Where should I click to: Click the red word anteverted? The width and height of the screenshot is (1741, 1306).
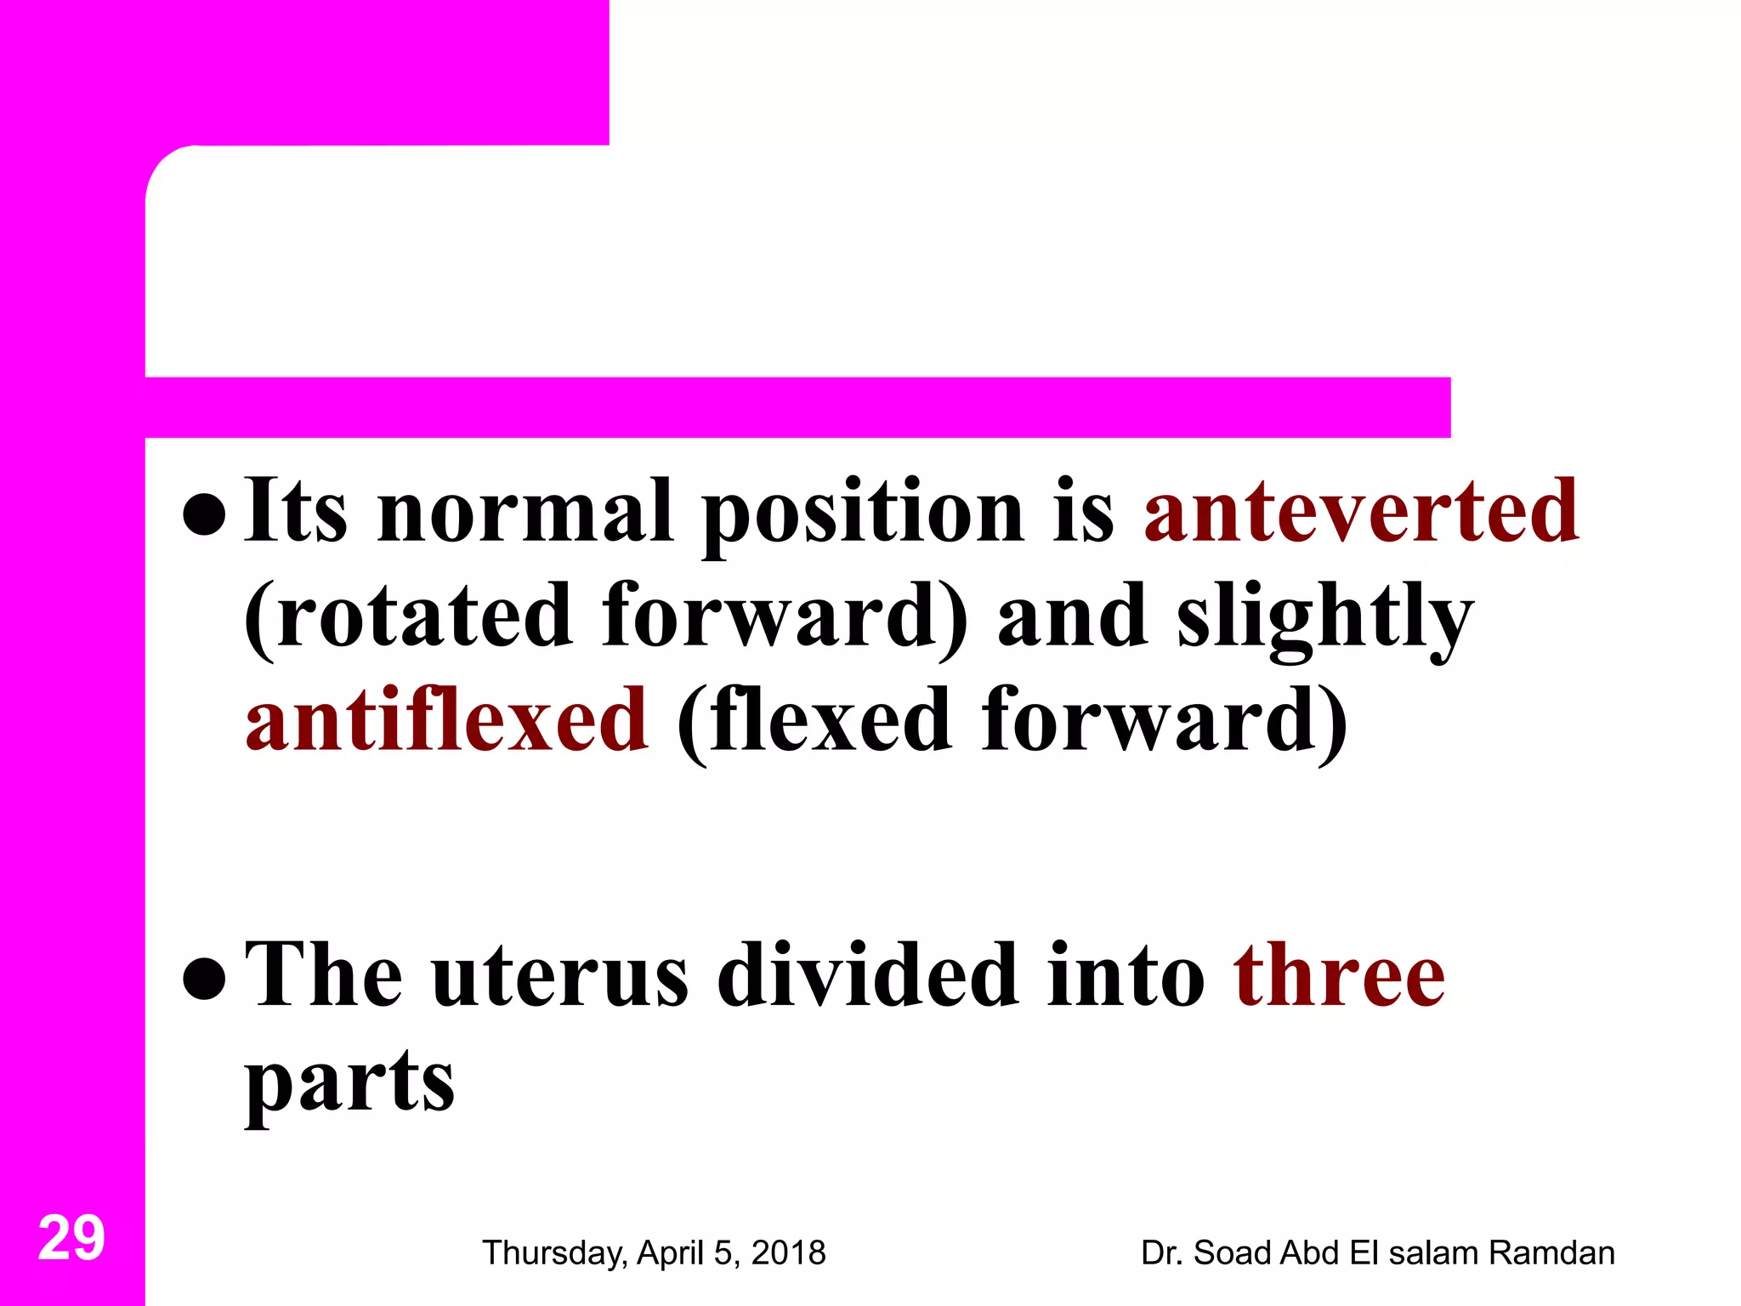click(1361, 511)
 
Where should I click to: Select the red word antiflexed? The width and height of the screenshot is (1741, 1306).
click(446, 720)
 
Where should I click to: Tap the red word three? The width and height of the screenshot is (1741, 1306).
click(1339, 975)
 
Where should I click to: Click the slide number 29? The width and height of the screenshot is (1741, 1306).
click(71, 1238)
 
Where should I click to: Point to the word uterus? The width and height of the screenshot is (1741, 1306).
click(559, 977)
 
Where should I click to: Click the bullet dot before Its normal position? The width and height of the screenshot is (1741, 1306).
click(204, 514)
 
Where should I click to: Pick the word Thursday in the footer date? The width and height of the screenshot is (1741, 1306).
click(554, 1253)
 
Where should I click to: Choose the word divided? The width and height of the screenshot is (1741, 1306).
click(867, 975)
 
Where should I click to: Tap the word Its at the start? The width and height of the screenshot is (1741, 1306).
click(295, 511)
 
